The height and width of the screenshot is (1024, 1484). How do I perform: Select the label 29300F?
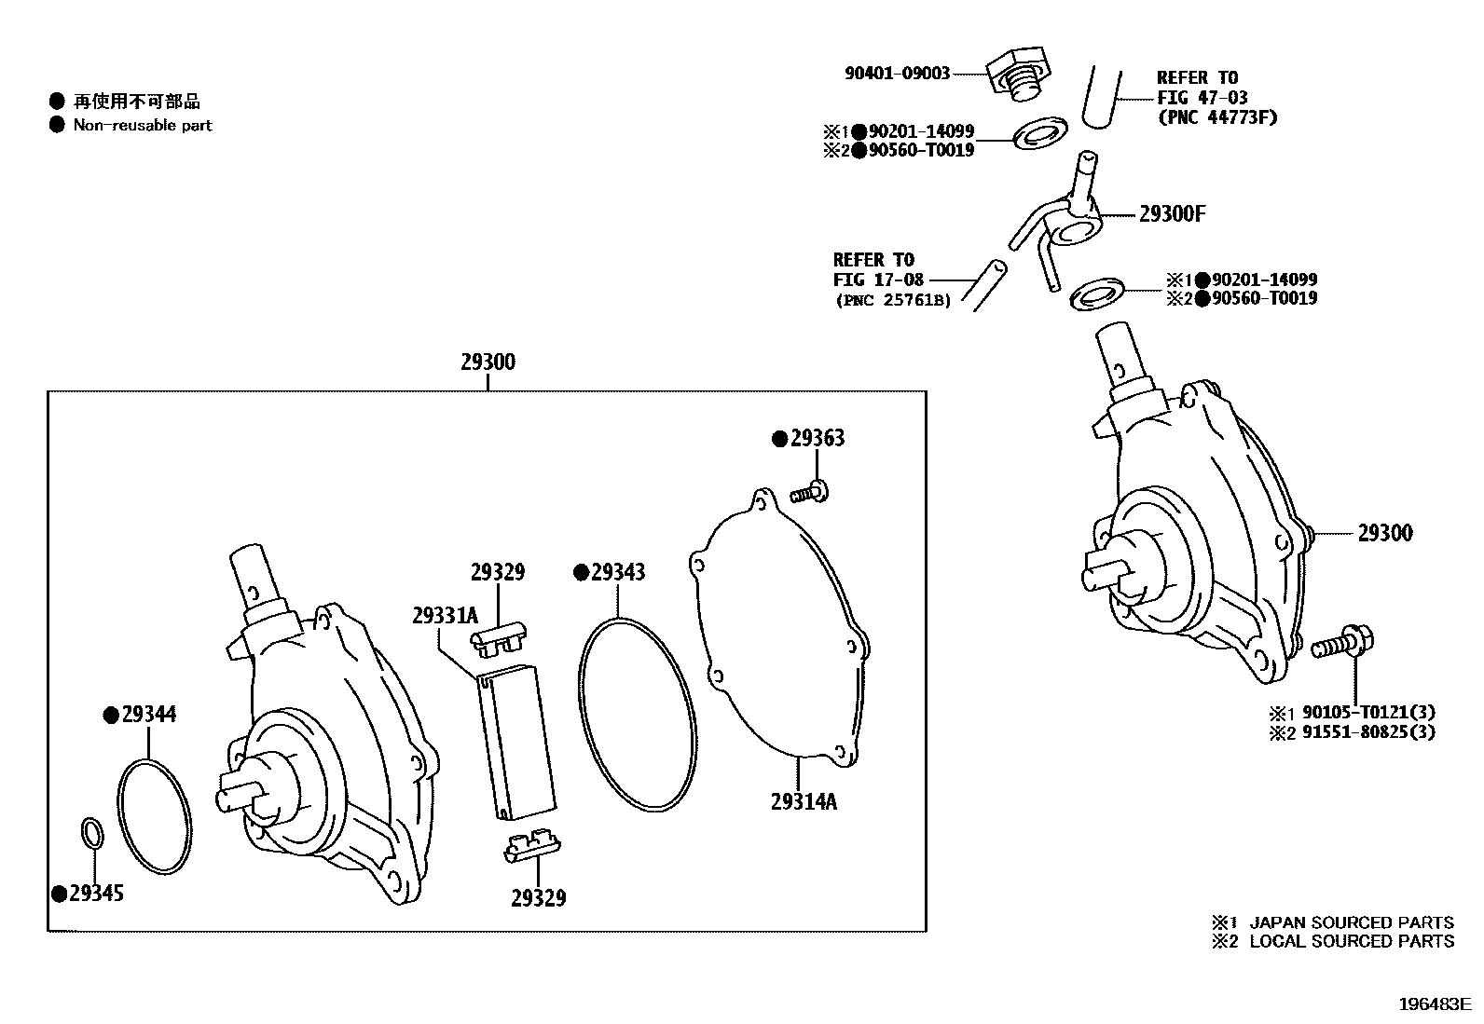1172,214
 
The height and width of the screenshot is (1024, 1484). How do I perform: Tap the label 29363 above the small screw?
817,438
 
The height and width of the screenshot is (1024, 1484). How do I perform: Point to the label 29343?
617,572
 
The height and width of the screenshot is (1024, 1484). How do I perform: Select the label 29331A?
445,615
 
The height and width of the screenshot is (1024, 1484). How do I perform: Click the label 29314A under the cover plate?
804,801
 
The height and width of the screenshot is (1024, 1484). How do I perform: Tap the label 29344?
148,715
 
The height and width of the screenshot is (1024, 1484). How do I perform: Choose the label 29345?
96,894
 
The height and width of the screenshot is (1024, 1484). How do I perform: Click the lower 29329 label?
538,898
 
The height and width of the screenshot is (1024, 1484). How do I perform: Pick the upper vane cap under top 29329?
498,638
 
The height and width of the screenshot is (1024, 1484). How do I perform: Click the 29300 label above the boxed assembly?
488,362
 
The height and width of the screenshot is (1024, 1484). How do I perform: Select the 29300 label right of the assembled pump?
1384,533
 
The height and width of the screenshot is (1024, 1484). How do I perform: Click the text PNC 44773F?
1216,117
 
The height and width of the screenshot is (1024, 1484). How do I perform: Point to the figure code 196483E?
1433,1004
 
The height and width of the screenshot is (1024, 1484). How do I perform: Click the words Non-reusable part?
143,125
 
